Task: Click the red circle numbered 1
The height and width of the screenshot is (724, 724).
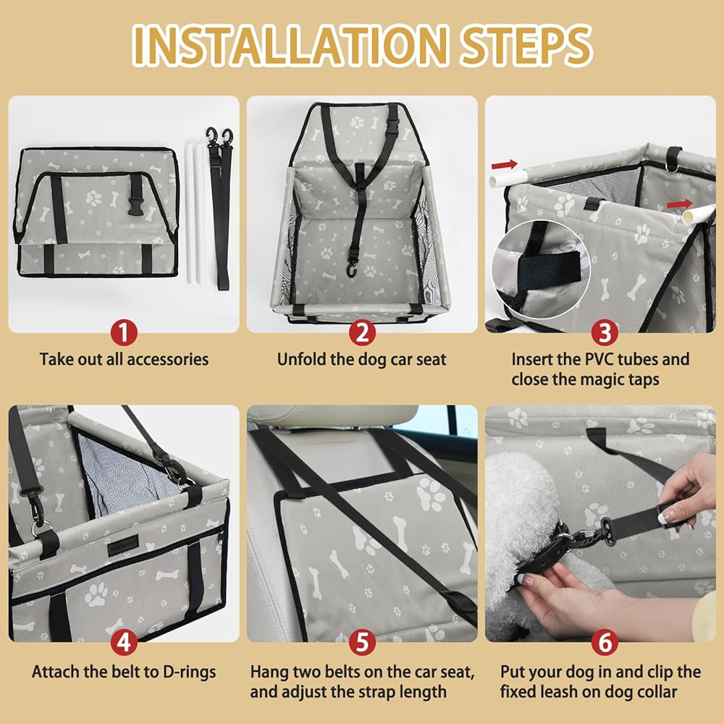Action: click(x=124, y=332)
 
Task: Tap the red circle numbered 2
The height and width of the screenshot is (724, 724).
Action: click(x=362, y=332)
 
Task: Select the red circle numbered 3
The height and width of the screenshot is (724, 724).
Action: click(x=605, y=332)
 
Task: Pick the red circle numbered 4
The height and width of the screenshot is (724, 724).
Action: click(x=124, y=641)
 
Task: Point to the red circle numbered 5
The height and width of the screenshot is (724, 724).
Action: click(x=362, y=641)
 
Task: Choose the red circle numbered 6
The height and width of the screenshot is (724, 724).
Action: click(x=605, y=641)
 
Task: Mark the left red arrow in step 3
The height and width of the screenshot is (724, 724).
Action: click(x=504, y=164)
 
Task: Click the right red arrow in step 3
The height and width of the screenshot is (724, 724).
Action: click(x=680, y=203)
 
